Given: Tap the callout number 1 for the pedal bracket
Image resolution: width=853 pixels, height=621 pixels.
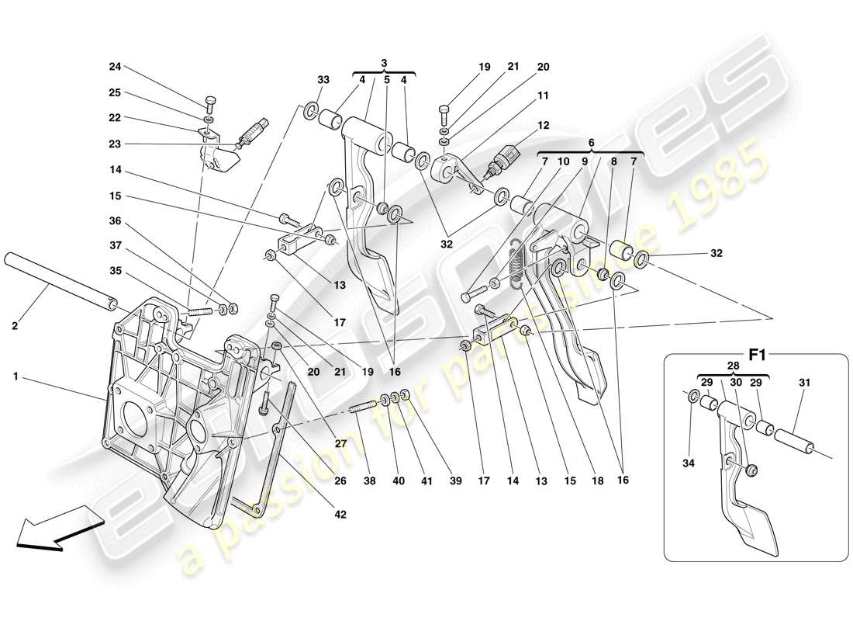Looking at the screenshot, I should click(x=16, y=376).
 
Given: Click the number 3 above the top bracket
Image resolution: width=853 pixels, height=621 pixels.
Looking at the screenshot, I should click(x=384, y=62).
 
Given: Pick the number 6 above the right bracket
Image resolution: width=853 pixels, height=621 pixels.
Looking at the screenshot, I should click(x=590, y=143).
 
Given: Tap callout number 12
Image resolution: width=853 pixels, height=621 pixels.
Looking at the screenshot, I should click(x=543, y=125).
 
